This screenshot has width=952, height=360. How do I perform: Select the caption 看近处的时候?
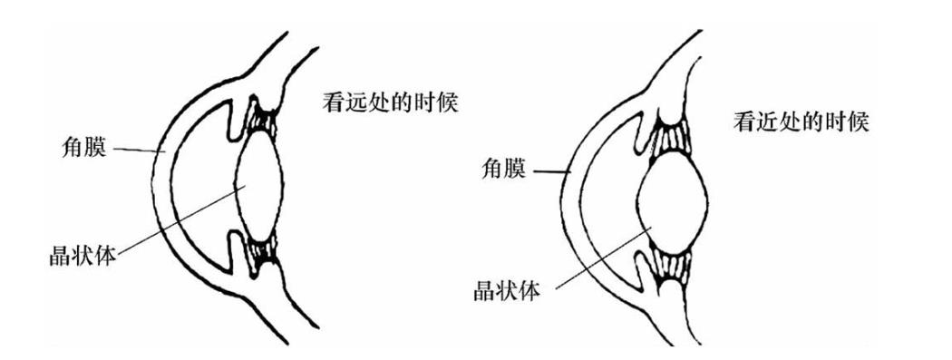(801, 123)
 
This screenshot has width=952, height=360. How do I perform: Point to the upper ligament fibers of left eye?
(265, 120)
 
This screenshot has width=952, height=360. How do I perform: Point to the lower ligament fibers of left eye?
(264, 255)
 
